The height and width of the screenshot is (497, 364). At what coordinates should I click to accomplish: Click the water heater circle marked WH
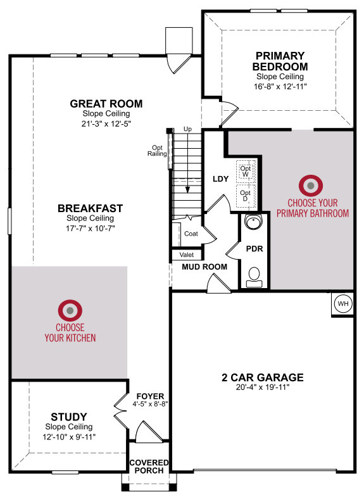(x=343, y=304)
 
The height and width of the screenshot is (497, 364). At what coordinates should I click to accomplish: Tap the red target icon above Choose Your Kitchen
(x=70, y=310)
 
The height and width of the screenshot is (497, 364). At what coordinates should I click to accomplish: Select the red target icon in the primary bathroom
(x=311, y=186)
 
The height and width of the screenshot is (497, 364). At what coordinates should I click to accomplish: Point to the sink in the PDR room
(x=254, y=222)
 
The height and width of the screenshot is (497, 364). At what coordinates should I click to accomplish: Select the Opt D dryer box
(x=246, y=196)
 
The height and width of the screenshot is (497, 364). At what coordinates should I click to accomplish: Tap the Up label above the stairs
(x=187, y=129)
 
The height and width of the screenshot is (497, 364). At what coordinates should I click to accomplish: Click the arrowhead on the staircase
(x=187, y=189)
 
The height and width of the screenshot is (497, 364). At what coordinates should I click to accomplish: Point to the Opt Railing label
(x=157, y=151)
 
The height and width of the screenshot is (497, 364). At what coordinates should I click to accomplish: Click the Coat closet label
(x=191, y=234)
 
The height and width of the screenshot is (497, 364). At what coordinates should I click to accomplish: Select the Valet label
(x=187, y=255)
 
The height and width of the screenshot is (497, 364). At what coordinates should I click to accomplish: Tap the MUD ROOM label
(x=204, y=267)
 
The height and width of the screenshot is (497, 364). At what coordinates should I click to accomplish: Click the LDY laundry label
(x=220, y=179)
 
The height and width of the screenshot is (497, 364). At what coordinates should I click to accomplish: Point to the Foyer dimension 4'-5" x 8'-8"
(x=150, y=404)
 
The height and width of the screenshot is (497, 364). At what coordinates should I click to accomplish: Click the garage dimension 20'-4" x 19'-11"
(x=263, y=387)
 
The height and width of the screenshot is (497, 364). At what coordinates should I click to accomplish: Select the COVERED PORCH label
(x=149, y=467)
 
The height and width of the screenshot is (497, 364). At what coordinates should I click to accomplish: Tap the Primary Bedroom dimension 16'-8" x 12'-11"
(x=280, y=87)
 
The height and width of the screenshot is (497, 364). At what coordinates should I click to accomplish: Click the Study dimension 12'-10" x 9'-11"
(x=69, y=437)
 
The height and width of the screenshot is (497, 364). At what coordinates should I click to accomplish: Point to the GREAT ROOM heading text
(x=106, y=104)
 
